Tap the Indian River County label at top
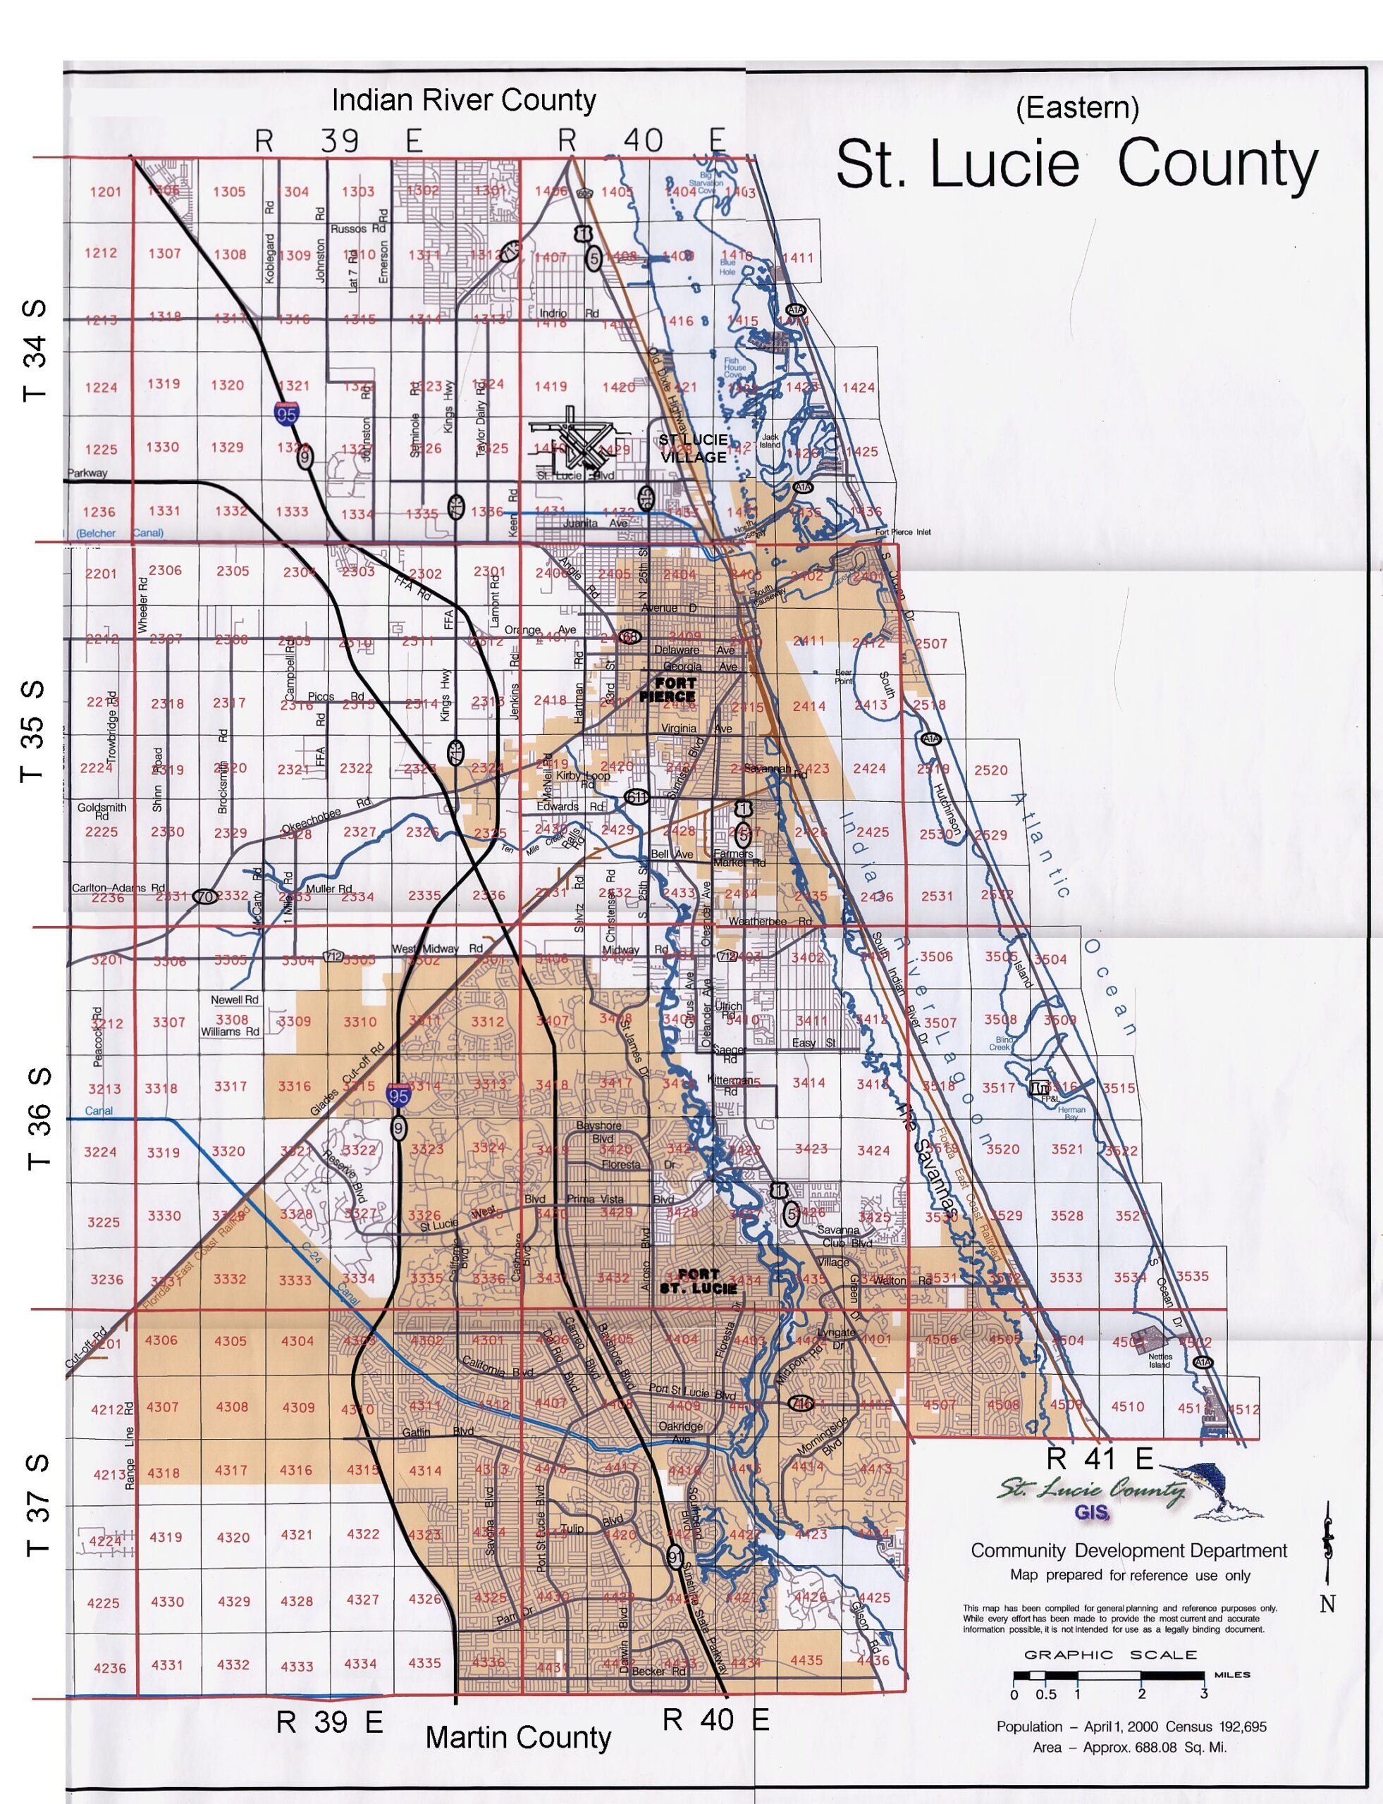pos(464,100)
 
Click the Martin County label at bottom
pos(518,1737)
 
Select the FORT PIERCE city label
pos(668,690)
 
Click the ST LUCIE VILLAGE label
pos(692,448)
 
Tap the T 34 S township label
pos(35,350)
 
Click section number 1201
pos(105,192)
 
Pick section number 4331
pos(167,1665)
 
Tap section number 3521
pos(1067,1149)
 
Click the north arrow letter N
pos(1327,1603)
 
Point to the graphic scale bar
pos(1109,1675)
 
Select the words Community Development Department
pos(1129,1550)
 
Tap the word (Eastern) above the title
pos(1077,107)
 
